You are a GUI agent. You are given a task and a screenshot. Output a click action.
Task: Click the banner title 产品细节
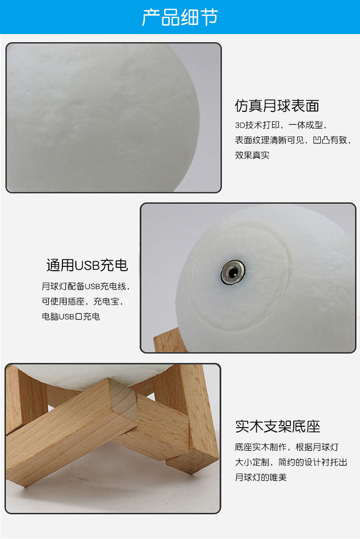(x=180, y=17)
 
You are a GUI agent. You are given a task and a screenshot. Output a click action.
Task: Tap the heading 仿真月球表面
(x=277, y=106)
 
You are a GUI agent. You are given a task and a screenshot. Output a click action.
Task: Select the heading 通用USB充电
(x=87, y=265)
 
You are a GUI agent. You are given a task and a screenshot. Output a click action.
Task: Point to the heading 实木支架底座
(x=277, y=426)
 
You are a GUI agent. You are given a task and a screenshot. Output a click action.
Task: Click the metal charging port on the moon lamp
(x=231, y=272)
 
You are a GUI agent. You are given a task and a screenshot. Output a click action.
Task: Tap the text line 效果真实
(x=252, y=156)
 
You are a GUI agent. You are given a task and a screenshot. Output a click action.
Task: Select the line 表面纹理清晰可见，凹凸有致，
(x=293, y=141)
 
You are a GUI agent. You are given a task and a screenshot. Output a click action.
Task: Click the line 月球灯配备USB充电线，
(x=85, y=287)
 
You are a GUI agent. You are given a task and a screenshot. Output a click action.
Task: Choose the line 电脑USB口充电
(x=71, y=317)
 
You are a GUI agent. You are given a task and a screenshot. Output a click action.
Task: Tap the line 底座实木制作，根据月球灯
(x=287, y=447)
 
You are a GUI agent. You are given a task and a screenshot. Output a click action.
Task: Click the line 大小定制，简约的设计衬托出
(x=291, y=462)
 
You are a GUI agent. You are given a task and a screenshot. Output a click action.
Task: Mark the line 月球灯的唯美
(x=261, y=478)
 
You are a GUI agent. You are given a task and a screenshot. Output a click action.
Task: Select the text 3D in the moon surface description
(x=240, y=126)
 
